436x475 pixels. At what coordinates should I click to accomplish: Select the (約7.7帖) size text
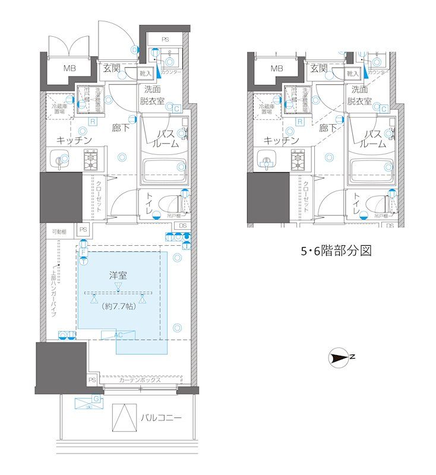119,307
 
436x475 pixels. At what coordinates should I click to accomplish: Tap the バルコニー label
161,418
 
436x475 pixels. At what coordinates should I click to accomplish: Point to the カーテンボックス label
140,380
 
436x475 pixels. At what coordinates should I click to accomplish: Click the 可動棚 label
58,231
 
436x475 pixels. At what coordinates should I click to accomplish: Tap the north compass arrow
340,357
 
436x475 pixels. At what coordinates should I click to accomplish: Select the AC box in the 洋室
118,335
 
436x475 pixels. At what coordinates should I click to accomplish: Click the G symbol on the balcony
96,398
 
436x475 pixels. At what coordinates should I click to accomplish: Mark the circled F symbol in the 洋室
83,253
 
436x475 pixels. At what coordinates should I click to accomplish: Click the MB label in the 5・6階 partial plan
276,69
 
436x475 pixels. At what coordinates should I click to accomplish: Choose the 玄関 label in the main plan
111,69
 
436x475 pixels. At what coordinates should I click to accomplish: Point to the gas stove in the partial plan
301,160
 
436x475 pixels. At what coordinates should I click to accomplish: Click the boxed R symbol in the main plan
93,122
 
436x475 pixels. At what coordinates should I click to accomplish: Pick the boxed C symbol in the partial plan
384,109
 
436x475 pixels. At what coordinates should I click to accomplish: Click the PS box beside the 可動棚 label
83,230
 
